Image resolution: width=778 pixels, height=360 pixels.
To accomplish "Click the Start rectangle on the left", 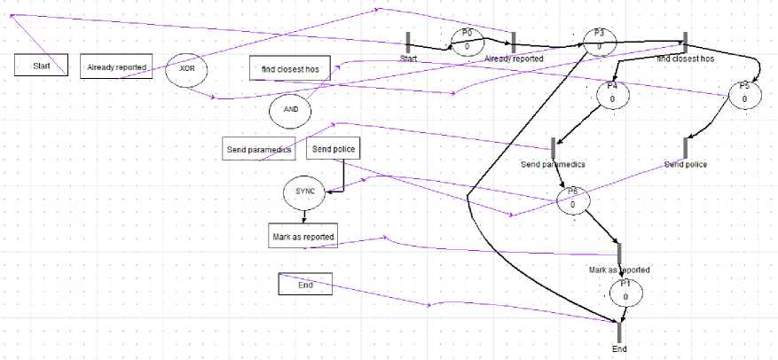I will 41,66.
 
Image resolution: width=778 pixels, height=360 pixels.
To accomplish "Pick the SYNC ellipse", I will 304,192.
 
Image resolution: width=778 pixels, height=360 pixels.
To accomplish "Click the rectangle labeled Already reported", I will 116,67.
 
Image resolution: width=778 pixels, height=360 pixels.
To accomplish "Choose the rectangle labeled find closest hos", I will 290,69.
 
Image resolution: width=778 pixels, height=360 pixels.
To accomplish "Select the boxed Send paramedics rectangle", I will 258,149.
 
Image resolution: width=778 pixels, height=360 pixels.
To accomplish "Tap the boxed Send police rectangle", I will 334,149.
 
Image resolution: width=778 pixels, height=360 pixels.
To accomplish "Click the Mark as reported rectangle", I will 304,236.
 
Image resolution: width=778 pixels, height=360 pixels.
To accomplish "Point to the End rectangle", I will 305,285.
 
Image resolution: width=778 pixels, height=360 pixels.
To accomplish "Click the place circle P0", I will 467,41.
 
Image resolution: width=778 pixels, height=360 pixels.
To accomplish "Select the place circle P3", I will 599,42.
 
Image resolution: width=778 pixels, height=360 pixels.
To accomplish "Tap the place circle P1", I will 625,292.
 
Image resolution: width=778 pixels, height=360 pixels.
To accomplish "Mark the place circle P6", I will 573,200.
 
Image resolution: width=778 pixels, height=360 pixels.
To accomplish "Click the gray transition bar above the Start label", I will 408,42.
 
